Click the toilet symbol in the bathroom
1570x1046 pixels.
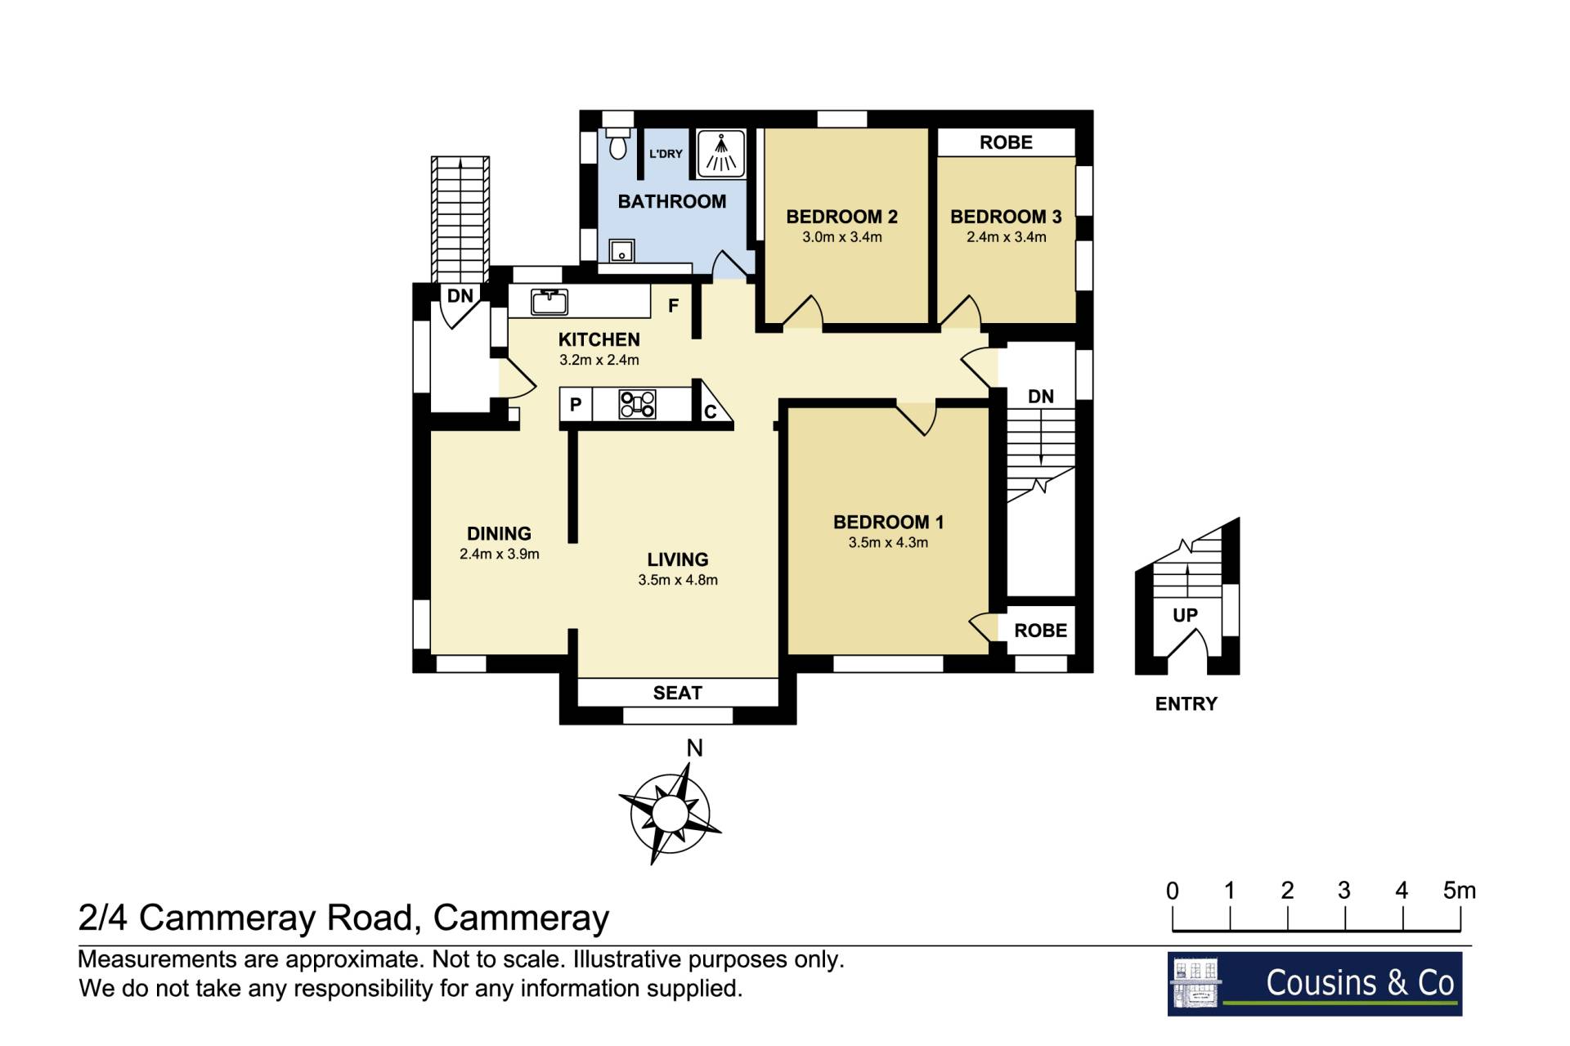(x=618, y=143)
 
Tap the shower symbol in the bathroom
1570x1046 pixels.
(x=720, y=154)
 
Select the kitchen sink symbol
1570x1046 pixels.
(x=549, y=301)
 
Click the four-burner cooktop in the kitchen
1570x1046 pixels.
(x=637, y=404)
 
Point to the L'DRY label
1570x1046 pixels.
(x=666, y=154)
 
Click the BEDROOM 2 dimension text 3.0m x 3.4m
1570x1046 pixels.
(x=841, y=237)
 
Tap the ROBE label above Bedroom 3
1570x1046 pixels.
(x=1006, y=142)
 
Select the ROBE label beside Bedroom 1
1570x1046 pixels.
(x=1040, y=631)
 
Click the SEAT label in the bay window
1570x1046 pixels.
(x=677, y=693)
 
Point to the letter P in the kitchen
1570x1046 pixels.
(x=576, y=404)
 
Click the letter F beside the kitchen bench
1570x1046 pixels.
(x=673, y=306)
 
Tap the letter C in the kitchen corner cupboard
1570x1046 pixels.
(x=710, y=411)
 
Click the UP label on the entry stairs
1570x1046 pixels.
(x=1185, y=615)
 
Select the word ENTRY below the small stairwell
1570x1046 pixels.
(x=1186, y=703)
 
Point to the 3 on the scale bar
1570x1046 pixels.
(x=1343, y=891)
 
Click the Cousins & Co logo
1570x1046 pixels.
(x=1314, y=984)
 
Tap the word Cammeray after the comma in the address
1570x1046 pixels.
(x=521, y=918)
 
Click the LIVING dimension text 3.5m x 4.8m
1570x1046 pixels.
(x=678, y=580)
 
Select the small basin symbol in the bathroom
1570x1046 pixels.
(x=621, y=249)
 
